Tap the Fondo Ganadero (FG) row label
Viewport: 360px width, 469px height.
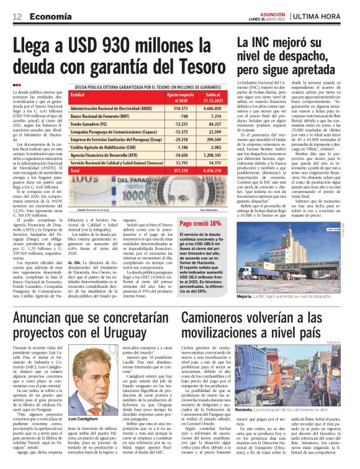click(x=92, y=125)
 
